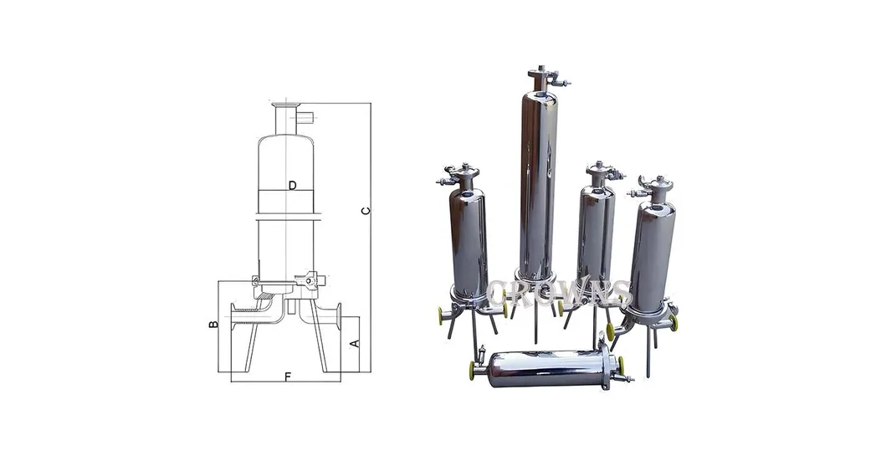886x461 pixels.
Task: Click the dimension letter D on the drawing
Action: pos(292,185)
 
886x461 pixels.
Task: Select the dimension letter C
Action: pos(365,210)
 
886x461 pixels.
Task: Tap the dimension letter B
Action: pos(213,324)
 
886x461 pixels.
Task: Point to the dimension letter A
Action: pos(354,343)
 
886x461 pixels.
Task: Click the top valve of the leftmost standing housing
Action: pos(458,175)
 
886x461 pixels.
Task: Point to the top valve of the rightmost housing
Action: pos(658,186)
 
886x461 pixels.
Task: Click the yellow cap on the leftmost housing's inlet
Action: pos(440,315)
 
